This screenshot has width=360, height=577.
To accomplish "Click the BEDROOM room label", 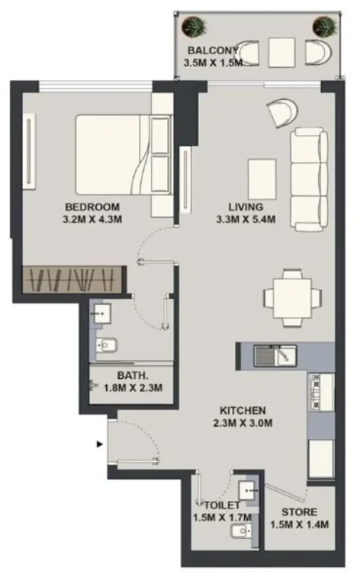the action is tap(92, 207).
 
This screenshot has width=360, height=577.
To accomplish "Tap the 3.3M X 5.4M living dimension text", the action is tap(246, 220).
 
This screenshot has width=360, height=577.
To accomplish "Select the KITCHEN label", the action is tap(243, 410).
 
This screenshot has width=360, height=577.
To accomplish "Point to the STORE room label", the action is tap(299, 512).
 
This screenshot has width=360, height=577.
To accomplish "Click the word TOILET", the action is tap(223, 505).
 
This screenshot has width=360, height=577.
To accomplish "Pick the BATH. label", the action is tap(133, 376).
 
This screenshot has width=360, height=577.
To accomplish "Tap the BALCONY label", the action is tap(212, 50).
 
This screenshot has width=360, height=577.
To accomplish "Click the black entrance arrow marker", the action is tap(99, 444).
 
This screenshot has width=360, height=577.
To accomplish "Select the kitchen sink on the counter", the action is tap(275, 355).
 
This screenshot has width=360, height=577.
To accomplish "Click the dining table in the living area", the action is tap(293, 298).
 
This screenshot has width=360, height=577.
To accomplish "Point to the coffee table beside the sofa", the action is tap(262, 179).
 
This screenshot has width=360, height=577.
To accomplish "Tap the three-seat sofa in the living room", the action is tap(309, 180).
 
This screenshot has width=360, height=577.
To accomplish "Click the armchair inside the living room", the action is tap(282, 112).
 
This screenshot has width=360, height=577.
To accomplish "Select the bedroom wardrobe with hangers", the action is tap(72, 280).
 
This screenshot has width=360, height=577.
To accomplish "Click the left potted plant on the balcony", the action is tap(194, 27).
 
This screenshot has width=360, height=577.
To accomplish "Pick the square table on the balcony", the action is tap(281, 53).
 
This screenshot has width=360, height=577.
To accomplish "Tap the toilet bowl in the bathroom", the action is tap(107, 345).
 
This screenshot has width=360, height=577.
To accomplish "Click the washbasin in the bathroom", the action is tap(102, 314).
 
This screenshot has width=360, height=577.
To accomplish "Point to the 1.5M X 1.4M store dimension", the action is tap(300, 524).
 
